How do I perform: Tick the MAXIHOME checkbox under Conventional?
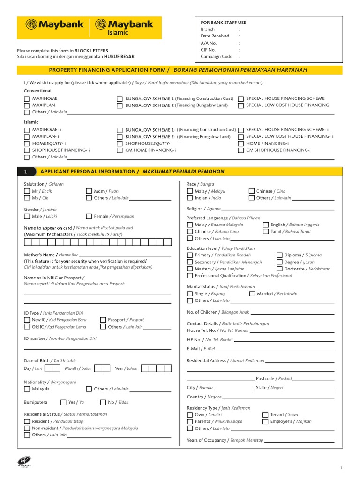[x=27, y=99]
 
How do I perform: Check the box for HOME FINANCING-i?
[x=241, y=143]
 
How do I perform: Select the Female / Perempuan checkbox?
[x=89, y=217]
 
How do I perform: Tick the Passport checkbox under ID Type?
[x=103, y=320]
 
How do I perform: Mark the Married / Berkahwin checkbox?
[x=252, y=294]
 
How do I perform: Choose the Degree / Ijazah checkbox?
[x=279, y=262]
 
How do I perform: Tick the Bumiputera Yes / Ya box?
[x=63, y=402]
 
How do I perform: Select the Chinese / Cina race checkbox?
[x=252, y=191]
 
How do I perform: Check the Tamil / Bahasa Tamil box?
[x=266, y=232]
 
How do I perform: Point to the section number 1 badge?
[x=26, y=172]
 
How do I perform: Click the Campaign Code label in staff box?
[x=217, y=56]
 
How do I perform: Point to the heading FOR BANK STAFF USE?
[x=224, y=22]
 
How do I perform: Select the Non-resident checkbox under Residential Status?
[x=27, y=428]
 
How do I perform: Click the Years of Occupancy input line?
[x=300, y=441]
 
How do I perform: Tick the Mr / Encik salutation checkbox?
[x=27, y=191]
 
